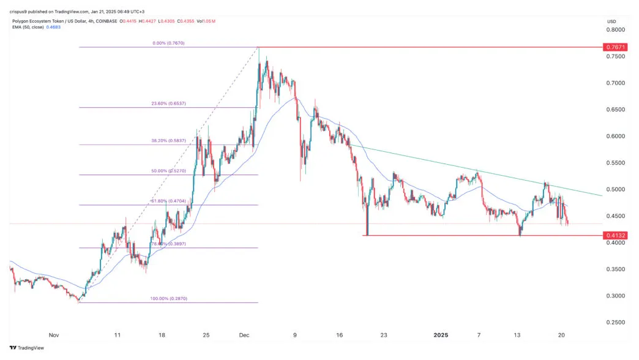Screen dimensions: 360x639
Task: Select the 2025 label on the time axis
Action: coord(441,336)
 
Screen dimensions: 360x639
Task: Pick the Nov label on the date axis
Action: coord(53,336)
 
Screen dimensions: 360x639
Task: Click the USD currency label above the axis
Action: coord(612,21)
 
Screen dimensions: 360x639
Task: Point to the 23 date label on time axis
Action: coord(384,336)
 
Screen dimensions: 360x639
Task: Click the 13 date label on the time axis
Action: coord(518,336)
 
